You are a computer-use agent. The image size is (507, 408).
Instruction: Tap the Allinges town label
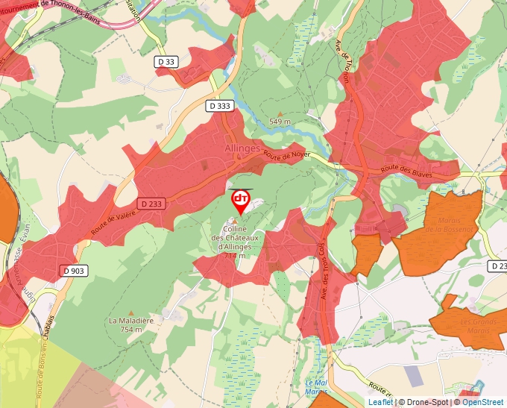(x=242, y=148)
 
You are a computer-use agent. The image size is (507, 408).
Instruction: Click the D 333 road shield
(x=219, y=106)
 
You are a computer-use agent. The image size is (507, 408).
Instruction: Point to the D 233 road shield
(x=150, y=203)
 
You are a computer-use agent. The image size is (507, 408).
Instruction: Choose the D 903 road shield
(x=73, y=271)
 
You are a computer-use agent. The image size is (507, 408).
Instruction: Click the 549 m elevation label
(x=280, y=122)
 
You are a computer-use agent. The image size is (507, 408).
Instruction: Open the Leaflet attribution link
(x=380, y=402)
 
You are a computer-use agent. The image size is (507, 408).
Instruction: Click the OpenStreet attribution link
(x=482, y=402)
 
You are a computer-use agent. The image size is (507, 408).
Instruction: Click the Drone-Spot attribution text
(x=428, y=402)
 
